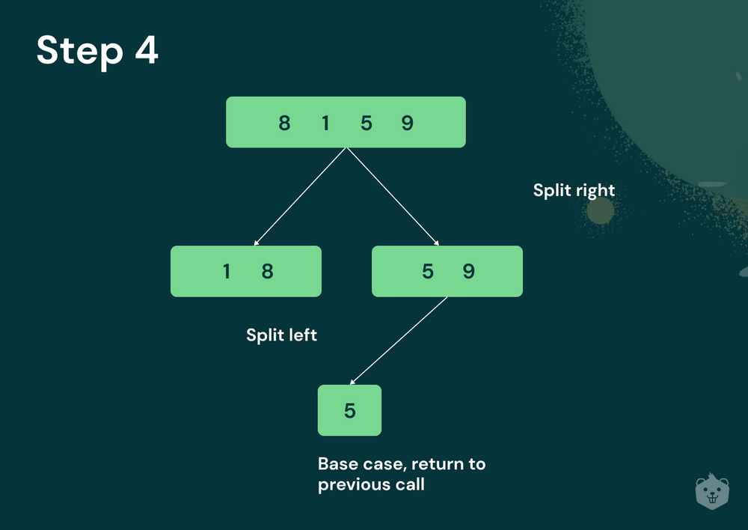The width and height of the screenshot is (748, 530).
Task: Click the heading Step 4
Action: [97, 52]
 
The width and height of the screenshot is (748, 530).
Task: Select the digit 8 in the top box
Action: [284, 123]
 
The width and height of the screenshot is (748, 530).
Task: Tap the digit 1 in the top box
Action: [325, 123]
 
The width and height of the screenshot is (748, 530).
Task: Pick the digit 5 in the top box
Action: [366, 123]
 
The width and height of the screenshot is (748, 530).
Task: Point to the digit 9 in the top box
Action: [407, 123]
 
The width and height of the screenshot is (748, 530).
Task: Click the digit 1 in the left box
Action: [227, 271]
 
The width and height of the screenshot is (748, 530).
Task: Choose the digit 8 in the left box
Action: [267, 271]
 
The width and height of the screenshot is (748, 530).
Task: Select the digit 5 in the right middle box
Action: [428, 271]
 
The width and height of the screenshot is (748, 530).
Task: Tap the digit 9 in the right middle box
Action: [469, 271]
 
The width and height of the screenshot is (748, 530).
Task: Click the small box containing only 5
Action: [349, 410]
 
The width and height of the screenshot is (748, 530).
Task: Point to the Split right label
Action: [574, 190]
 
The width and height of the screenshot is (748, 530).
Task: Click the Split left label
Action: [281, 335]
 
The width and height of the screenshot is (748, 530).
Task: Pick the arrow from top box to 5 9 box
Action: [393, 197]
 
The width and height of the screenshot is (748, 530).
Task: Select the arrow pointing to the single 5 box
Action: [398, 341]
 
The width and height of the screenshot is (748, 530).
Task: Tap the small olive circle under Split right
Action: [600, 211]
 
